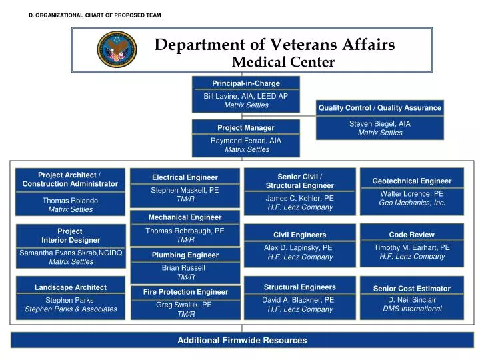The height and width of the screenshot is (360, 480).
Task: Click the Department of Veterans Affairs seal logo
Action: point(117,49)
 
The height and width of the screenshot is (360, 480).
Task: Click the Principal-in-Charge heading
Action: point(246,83)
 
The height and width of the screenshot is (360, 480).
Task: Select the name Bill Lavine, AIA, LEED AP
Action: point(246,96)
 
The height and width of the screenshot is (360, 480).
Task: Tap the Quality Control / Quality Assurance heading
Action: point(379,107)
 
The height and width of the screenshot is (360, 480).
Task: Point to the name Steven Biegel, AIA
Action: point(379,123)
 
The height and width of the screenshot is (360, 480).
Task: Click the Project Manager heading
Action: point(246,127)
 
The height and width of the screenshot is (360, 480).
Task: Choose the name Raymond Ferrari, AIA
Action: point(246,141)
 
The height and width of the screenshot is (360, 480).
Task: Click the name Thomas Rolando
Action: point(70,200)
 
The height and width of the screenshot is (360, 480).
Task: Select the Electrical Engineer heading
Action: point(185,177)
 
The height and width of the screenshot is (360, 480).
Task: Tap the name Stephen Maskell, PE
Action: point(185,190)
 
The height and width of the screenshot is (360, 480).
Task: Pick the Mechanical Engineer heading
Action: point(185,217)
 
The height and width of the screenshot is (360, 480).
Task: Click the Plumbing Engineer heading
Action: point(185,255)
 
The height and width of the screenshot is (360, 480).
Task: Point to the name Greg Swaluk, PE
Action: point(185,304)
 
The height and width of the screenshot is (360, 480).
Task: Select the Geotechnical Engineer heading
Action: point(411,181)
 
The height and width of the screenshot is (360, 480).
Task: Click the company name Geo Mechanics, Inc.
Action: point(411,203)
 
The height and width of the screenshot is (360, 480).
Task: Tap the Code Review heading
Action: point(411,235)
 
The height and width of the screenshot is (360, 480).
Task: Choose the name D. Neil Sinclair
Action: point(411,299)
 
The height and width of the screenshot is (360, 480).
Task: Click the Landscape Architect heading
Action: point(70,287)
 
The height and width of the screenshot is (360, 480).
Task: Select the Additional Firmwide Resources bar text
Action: point(242,340)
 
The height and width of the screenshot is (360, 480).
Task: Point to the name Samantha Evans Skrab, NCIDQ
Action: point(71,253)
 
